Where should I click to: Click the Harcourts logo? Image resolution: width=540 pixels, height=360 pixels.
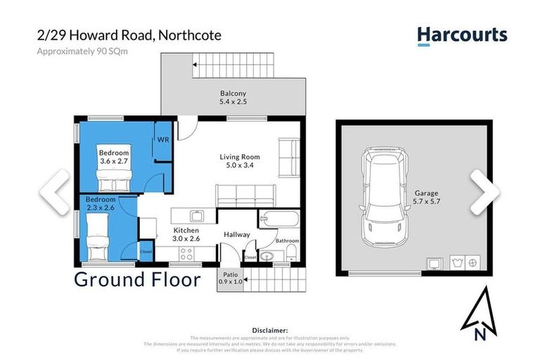(461, 35)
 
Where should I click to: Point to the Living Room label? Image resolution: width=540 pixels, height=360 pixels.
(240, 161)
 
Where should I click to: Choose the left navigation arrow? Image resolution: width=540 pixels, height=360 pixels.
(54, 191)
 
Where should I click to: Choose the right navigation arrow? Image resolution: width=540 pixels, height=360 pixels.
(485, 191)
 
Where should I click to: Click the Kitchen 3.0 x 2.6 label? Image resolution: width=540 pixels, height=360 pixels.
(186, 234)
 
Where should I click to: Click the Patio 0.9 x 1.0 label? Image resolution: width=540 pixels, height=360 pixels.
(231, 278)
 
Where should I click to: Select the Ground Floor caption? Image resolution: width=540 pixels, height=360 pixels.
(137, 279)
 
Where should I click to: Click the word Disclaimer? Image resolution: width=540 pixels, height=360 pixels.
(269, 329)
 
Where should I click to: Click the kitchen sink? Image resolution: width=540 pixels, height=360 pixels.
(198, 215)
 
